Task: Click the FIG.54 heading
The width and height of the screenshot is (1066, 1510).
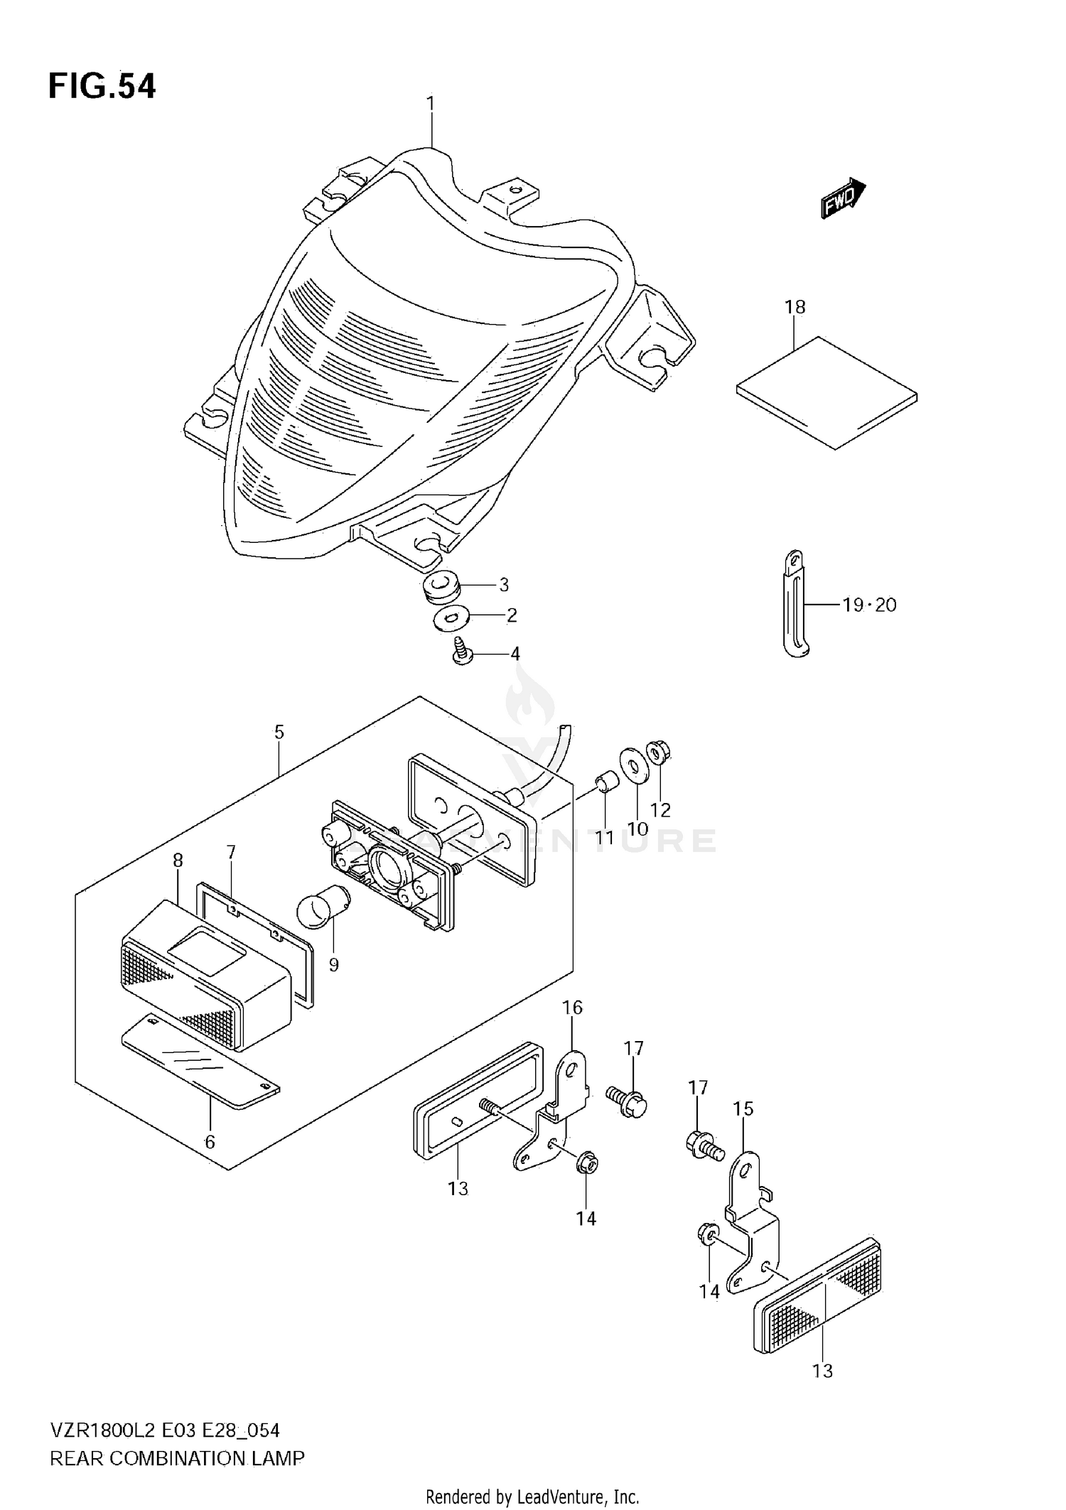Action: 102,86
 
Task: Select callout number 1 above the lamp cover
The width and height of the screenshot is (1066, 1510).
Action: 431,104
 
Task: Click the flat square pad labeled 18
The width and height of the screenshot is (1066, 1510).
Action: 827,392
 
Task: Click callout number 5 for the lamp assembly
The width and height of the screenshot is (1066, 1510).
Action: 279,732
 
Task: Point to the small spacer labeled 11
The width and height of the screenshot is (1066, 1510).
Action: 606,782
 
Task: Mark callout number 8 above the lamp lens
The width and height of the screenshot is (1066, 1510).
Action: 178,861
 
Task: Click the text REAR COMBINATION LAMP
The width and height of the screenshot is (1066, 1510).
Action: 177,1460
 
